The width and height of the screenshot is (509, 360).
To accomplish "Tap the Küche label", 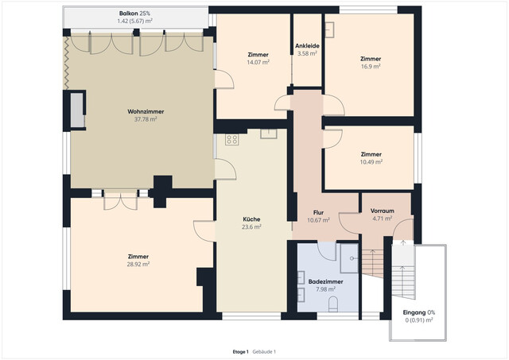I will coord(251,219).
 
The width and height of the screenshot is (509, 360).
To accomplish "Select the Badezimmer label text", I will coord(326,281).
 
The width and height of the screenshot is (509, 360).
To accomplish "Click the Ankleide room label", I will coord(307,46).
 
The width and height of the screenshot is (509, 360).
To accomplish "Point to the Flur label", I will coord(317,212).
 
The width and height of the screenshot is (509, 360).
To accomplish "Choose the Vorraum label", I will coord(383,210).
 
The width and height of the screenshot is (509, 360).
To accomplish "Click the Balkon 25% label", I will coord(134,14).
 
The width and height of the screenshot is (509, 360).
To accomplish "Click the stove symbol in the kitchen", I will coord(232,140).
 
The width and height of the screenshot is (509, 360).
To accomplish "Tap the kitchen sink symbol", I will coord(267,134).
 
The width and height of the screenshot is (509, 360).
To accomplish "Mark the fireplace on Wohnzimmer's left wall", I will coord(77,110).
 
